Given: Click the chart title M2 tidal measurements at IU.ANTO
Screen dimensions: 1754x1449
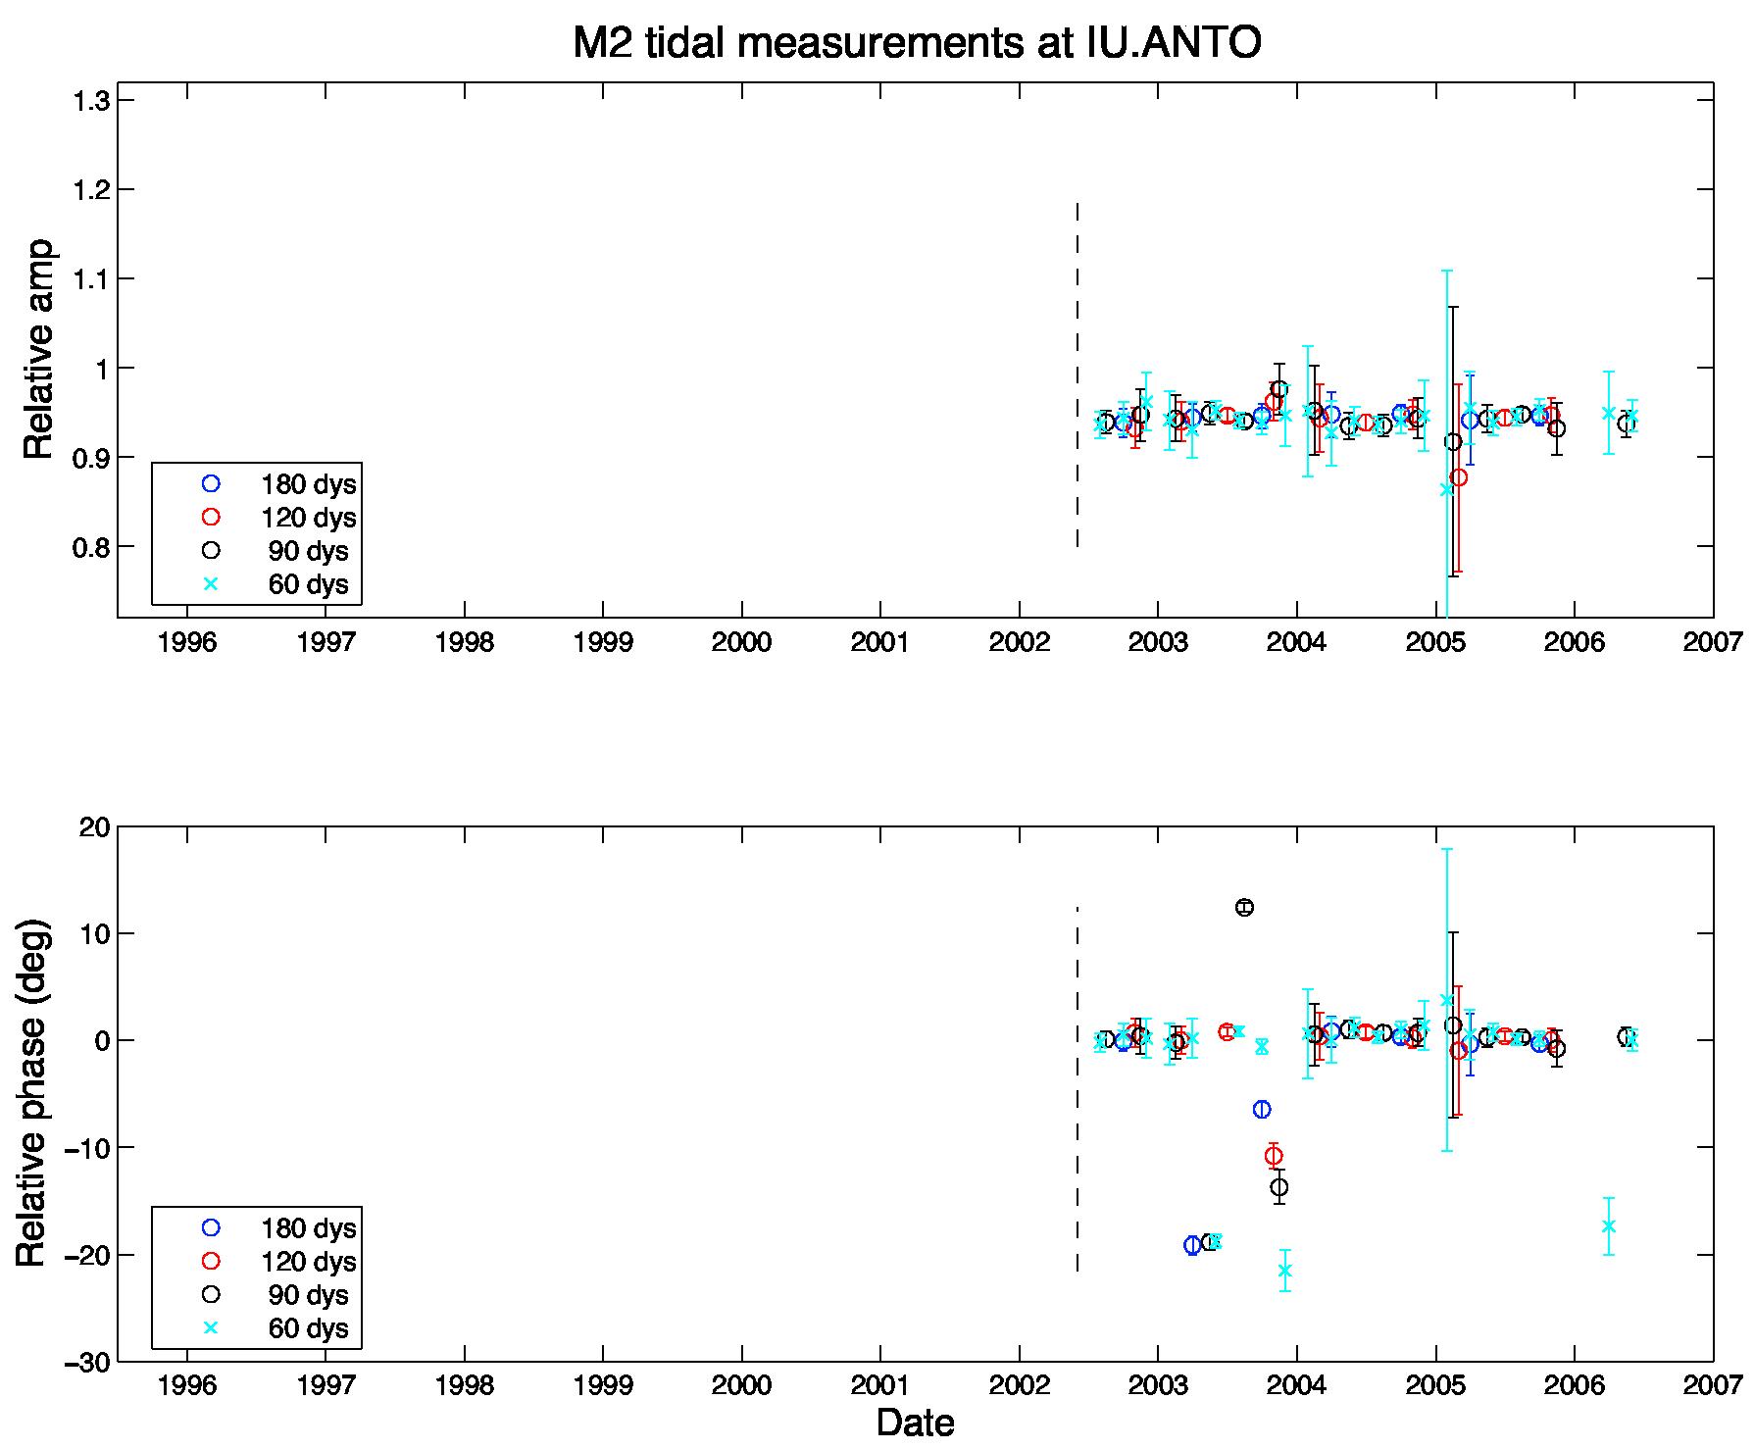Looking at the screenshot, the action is (x=917, y=44).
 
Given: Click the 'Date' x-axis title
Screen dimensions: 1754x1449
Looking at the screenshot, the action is (x=916, y=1423).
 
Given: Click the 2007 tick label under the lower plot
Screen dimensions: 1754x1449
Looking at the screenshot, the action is (x=1713, y=1387).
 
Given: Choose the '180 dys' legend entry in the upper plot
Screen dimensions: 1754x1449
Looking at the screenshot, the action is (x=279, y=484).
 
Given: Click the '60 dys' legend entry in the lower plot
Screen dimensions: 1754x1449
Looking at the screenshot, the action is (x=279, y=1328).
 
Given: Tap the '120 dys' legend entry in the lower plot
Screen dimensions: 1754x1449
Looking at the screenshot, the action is (x=279, y=1262).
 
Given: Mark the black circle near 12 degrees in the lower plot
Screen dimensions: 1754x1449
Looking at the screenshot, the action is (x=1244, y=908).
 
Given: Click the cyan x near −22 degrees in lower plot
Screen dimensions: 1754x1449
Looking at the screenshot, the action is (x=1284, y=1271).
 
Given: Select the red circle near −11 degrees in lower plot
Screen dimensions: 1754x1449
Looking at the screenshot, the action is (x=1274, y=1156).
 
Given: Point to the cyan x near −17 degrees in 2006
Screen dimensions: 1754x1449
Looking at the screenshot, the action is (x=1608, y=1226).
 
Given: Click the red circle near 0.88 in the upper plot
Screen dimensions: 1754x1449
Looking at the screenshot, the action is (x=1459, y=477).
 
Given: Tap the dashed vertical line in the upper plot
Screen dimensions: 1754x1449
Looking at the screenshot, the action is (x=1077, y=375).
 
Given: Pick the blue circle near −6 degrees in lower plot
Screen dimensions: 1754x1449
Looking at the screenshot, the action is (x=1262, y=1109).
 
